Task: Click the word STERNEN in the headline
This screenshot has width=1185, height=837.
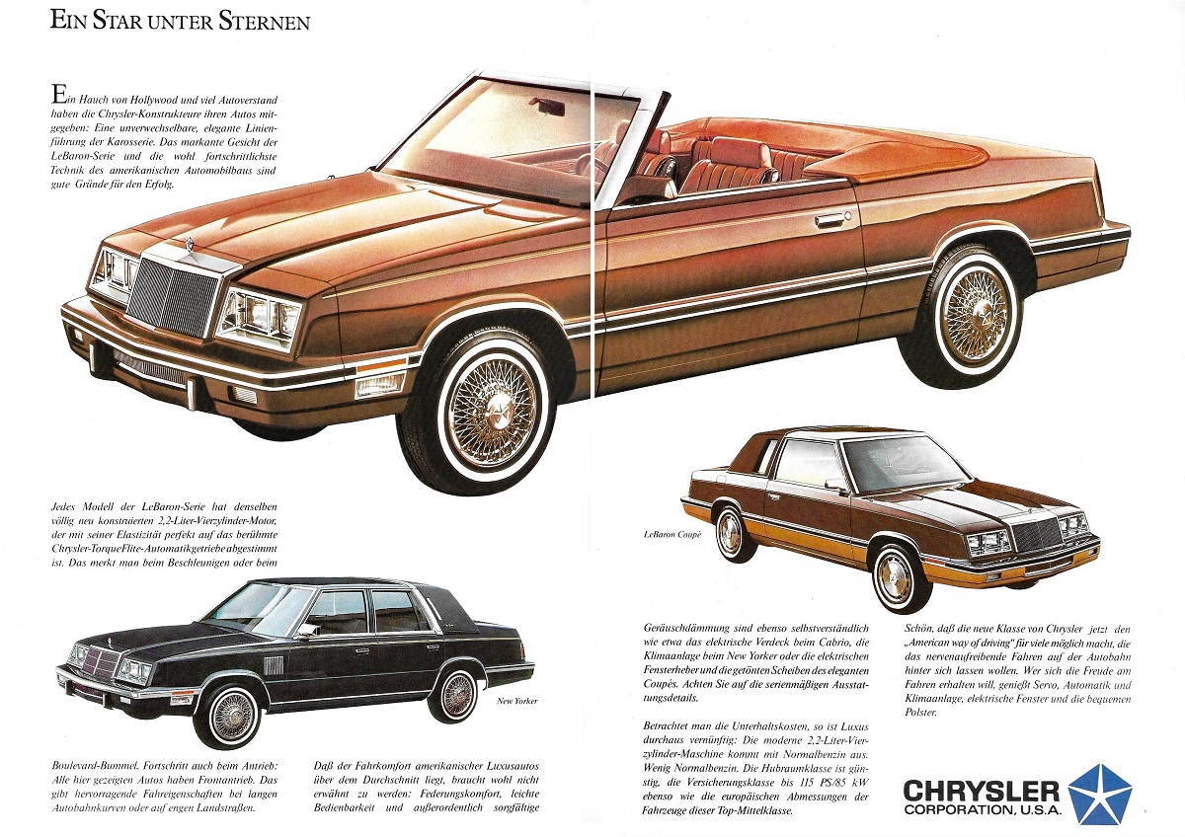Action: [x=265, y=22]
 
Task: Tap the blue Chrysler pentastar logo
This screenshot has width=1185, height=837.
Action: [x=1100, y=798]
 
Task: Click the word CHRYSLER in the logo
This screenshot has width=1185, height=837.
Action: [x=982, y=792]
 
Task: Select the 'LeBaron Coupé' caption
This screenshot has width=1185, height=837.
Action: [x=672, y=535]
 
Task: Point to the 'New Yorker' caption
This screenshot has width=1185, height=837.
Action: [x=516, y=701]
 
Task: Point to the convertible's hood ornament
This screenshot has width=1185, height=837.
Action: [x=190, y=244]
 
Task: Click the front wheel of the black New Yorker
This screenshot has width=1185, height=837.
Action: [x=231, y=716]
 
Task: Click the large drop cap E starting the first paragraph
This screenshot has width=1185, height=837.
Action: [x=58, y=95]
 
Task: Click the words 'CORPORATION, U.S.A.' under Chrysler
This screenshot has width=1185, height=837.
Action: [x=983, y=809]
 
